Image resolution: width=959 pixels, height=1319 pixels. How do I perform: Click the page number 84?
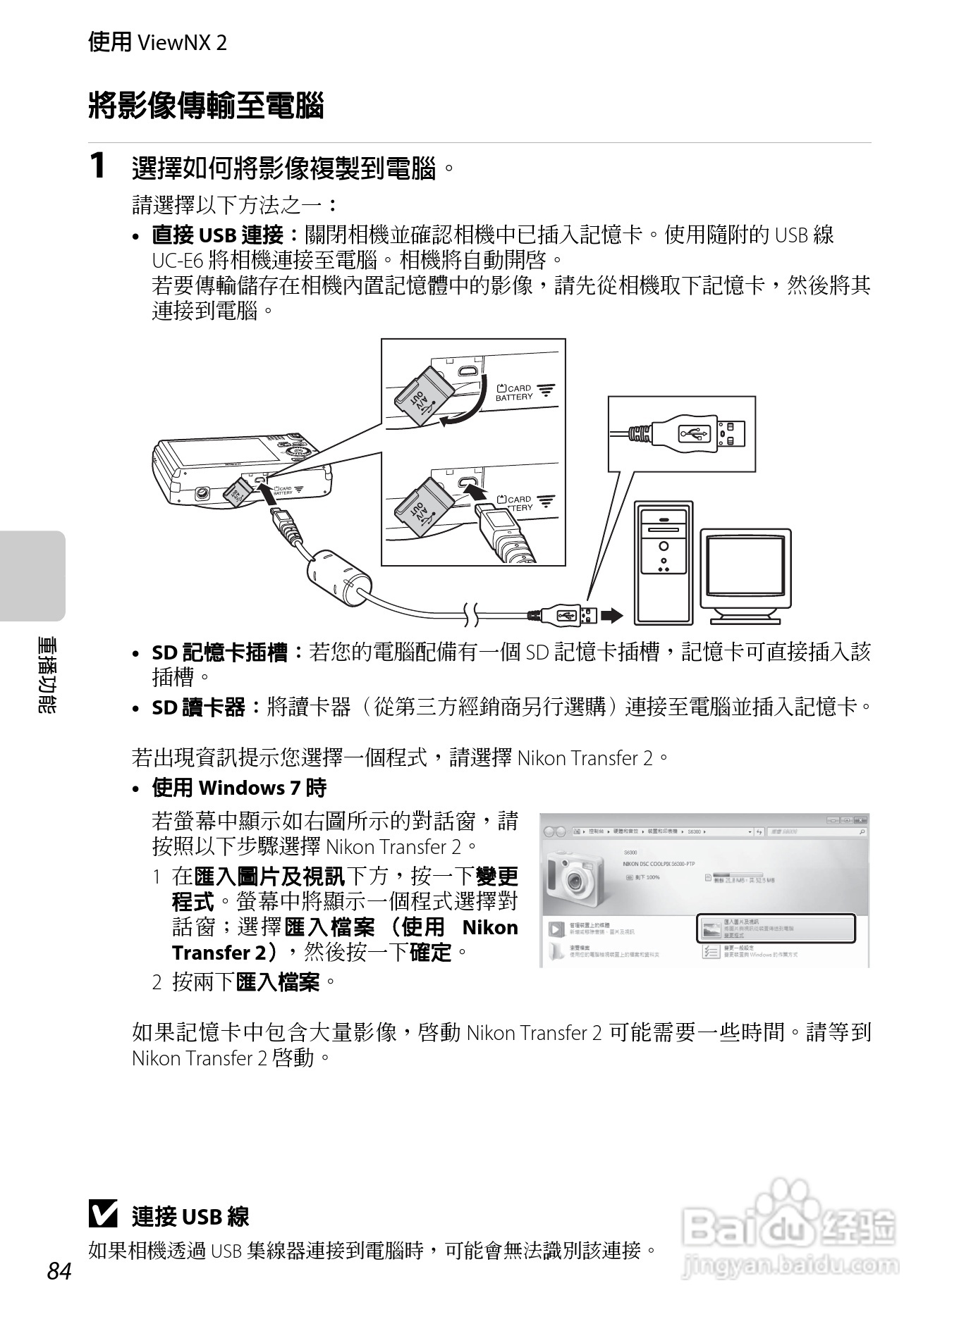pyautogui.click(x=59, y=1271)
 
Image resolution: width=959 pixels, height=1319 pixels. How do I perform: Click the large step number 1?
pyautogui.click(x=99, y=166)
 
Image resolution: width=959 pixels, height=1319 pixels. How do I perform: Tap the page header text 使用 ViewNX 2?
pyautogui.click(x=157, y=43)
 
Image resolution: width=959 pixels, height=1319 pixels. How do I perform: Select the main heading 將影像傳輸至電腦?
pyautogui.click(x=206, y=106)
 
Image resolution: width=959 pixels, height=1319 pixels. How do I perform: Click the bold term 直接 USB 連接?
pyautogui.click(x=218, y=235)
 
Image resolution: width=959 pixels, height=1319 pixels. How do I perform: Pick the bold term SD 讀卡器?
pyautogui.click(x=198, y=707)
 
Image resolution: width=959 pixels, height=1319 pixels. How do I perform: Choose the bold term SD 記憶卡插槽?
pyautogui.click(x=219, y=653)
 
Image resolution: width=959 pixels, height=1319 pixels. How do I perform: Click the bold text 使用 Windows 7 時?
pyautogui.click(x=239, y=788)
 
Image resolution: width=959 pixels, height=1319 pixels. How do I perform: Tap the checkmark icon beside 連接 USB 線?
pyautogui.click(x=103, y=1214)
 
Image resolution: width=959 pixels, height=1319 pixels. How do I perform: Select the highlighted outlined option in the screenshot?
pyautogui.click(x=776, y=928)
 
